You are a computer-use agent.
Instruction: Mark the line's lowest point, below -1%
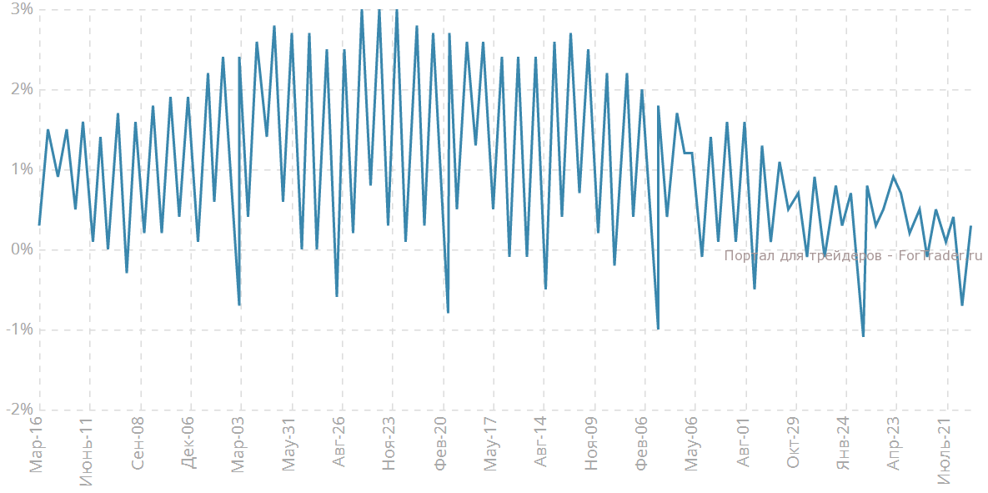point(863,336)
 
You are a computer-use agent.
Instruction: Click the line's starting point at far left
point(39,225)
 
